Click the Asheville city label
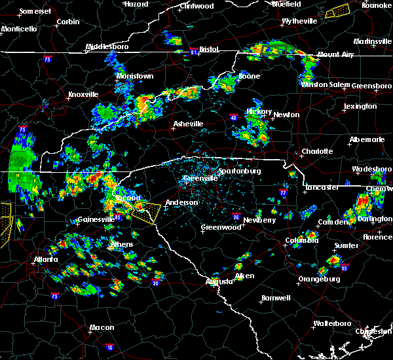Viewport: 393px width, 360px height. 188,124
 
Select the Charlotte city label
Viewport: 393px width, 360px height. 317,151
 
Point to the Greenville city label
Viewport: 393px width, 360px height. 200,178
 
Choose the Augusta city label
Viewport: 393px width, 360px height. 217,281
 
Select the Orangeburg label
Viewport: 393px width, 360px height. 319,279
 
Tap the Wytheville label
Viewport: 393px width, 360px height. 299,21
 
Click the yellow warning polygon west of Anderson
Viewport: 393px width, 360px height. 145,210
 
